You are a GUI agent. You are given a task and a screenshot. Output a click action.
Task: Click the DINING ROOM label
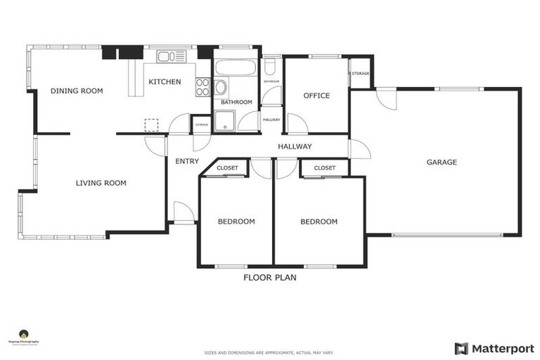(77, 91)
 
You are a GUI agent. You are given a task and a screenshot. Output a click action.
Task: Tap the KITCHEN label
(165, 82)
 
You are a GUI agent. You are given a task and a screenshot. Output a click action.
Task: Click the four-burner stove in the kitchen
(202, 86)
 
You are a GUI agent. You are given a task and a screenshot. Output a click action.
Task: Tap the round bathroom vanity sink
(221, 88)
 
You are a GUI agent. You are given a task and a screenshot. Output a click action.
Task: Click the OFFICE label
(316, 96)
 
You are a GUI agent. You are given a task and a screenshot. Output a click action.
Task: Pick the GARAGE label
(442, 162)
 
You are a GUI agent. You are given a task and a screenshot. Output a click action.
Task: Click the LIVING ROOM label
(101, 184)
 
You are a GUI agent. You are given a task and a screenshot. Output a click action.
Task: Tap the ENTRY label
(187, 162)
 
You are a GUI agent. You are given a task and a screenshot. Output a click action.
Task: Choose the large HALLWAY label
(295, 147)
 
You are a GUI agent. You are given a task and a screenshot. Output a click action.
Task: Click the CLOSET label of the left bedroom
(227, 168)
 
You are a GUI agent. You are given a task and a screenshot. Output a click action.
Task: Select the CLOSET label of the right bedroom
(324, 168)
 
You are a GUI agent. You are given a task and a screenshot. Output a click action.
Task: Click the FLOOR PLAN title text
(270, 278)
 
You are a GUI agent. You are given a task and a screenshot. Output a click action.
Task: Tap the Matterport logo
(494, 348)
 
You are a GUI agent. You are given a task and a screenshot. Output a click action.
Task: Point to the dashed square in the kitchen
(151, 124)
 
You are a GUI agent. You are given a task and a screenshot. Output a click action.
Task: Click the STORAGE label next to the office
(360, 72)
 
